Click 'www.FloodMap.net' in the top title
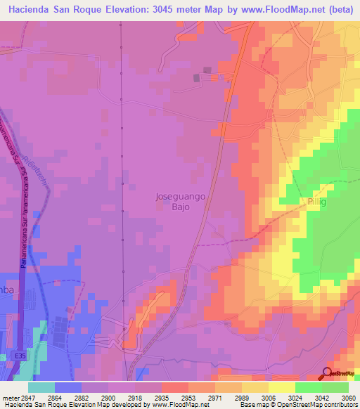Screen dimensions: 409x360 click(x=261, y=10)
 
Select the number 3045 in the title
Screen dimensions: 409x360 click(x=165, y=10)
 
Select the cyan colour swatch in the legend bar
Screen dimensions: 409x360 click(x=41, y=387)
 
